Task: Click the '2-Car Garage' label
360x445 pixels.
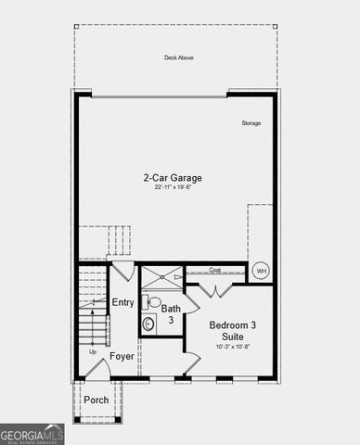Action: (x=172, y=177)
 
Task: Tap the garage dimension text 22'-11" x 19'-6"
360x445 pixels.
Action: (x=172, y=187)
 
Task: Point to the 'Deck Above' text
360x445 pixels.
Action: (x=178, y=57)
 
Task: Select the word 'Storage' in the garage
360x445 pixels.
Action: (x=251, y=123)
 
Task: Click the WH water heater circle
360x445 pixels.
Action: (x=261, y=271)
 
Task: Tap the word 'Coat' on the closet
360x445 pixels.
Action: (x=214, y=271)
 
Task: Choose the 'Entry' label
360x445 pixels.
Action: (x=122, y=302)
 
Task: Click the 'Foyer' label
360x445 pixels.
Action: (x=122, y=355)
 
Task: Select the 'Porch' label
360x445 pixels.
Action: (x=96, y=400)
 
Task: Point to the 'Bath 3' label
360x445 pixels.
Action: (x=172, y=313)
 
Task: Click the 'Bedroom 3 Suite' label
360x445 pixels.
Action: (x=228, y=331)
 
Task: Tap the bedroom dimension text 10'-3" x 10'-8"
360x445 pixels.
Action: (x=228, y=347)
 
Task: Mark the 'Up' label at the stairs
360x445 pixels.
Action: (x=92, y=352)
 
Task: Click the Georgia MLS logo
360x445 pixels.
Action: (x=32, y=434)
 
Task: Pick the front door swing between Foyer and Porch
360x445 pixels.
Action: (x=97, y=370)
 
